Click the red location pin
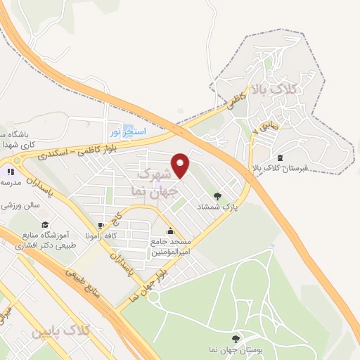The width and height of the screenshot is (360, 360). coord(181,165)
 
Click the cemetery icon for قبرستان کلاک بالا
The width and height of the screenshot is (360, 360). coord(281,157)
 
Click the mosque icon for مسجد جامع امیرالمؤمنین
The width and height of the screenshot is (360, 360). coord(169,231)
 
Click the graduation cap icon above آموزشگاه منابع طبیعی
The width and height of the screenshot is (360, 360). coord(45,225)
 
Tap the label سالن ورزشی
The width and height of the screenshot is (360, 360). coord(17,206)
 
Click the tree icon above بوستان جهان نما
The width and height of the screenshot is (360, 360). coord(236,338)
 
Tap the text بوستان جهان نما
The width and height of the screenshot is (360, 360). coord(236,350)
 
